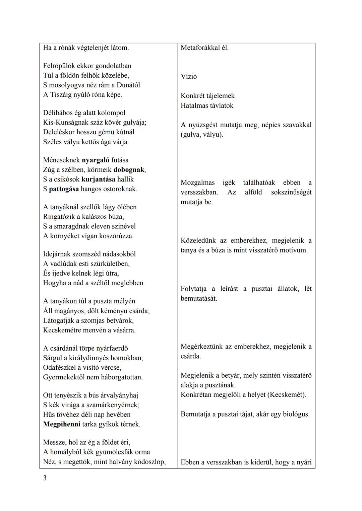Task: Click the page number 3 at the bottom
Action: coord(45,478)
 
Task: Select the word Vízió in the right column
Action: coord(189,76)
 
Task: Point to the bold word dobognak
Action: coord(129,170)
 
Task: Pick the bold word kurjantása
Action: coord(98,179)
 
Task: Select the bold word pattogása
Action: coord(64,189)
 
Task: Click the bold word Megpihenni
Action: coord(62,424)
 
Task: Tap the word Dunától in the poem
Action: coord(128,85)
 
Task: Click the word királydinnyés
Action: coord(89,358)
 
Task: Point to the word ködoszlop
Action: coord(149,462)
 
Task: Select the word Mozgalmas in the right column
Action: coord(197,183)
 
